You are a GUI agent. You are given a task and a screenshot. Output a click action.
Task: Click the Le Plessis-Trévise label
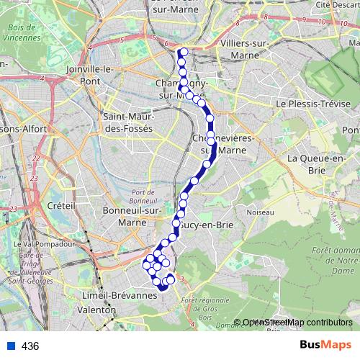(313, 104)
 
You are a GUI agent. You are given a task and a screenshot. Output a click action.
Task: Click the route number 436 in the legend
(30, 346)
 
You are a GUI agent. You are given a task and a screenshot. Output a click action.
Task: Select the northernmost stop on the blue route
(184, 51)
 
